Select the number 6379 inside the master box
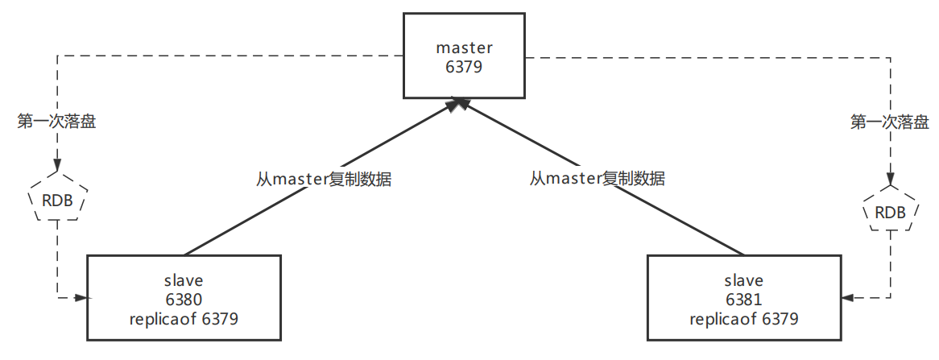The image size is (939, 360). click(463, 67)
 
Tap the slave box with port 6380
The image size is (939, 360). click(184, 297)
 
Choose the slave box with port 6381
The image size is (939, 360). click(744, 297)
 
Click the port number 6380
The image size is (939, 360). click(184, 300)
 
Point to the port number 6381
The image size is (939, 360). click(744, 300)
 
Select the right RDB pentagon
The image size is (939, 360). click(890, 212)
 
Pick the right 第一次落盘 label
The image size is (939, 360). click(890, 122)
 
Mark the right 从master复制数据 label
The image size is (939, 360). click(598, 178)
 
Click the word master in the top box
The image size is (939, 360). click(463, 48)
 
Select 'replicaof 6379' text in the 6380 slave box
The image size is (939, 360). click(184, 319)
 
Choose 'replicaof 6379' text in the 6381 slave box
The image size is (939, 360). click(744, 319)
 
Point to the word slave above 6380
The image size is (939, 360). click(184, 280)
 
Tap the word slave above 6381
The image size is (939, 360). click(744, 280)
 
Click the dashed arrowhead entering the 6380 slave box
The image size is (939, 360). click(81, 298)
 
